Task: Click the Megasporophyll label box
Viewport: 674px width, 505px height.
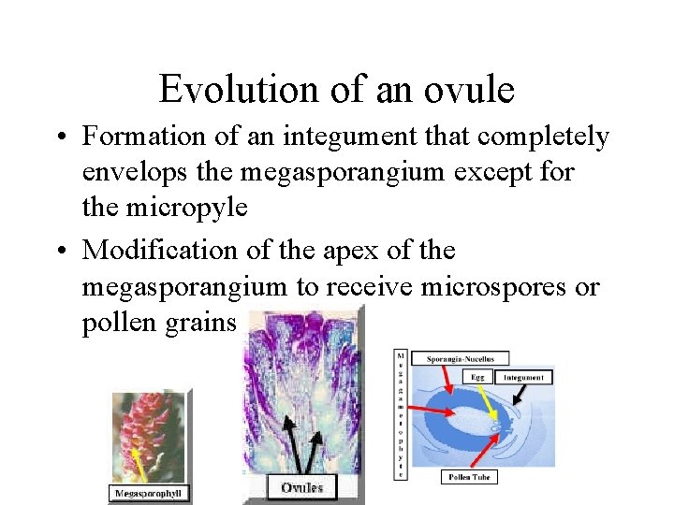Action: (147, 493)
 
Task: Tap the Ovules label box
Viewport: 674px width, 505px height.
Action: (301, 487)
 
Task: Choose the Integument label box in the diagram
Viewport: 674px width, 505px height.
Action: (526, 377)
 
